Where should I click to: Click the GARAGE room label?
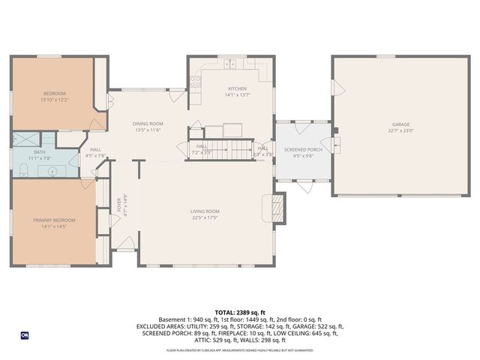(400, 124)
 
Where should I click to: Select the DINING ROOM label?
(148, 123)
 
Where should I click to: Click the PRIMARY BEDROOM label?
(54, 220)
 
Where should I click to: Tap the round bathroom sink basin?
(53, 172)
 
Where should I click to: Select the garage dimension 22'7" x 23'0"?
(400, 130)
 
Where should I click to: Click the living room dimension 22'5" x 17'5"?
(204, 217)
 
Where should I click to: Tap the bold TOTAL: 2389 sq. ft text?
(239, 311)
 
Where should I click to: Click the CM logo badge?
(25, 334)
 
